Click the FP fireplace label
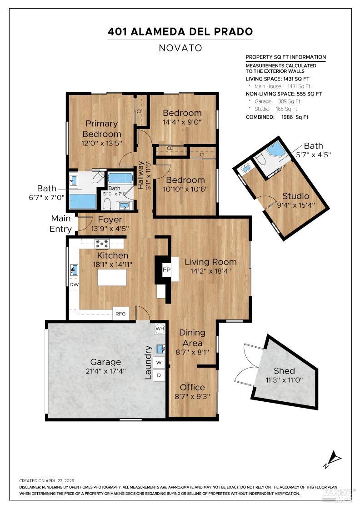[x=166, y=269]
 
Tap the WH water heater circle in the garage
[x=160, y=329]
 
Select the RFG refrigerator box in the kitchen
[x=121, y=314]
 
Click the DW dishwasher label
[x=74, y=284]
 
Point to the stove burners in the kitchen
[x=102, y=243]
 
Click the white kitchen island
[x=112, y=278]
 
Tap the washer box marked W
[x=159, y=362]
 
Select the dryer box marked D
[x=159, y=375]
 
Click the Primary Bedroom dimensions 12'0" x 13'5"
[x=102, y=143]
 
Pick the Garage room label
[x=105, y=362]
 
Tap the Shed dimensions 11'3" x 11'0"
[x=285, y=380]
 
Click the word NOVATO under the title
[x=180, y=48]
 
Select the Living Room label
[x=210, y=262]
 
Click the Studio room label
[x=296, y=196]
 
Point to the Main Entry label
[x=61, y=224]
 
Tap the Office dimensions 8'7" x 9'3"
[x=192, y=396]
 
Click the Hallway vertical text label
[x=140, y=175]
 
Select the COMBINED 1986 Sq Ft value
[x=295, y=117]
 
